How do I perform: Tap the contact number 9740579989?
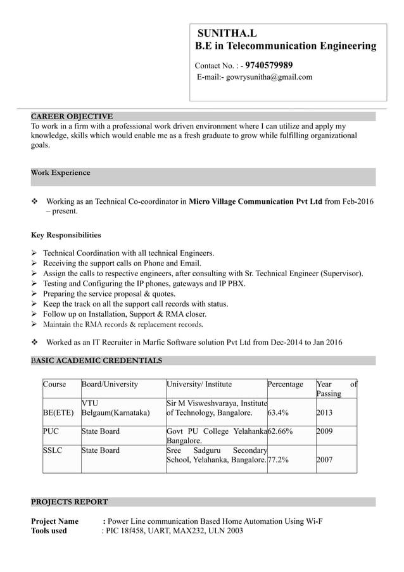pos(268,65)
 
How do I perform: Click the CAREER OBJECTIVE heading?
pos(72,117)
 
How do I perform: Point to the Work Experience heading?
pos(61,173)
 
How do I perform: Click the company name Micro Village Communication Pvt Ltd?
pos(256,201)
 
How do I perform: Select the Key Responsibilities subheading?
pos(66,235)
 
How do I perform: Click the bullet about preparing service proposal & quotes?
pos(109,294)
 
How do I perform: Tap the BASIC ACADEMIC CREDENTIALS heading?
pos(96,361)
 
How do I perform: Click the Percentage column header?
pos(286,385)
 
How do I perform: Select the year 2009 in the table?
pos(324,432)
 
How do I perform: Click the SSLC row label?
pos(53,451)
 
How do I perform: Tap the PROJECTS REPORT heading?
pos(70,502)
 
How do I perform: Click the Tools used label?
pos(49,531)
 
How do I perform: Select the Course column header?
pos(54,385)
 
